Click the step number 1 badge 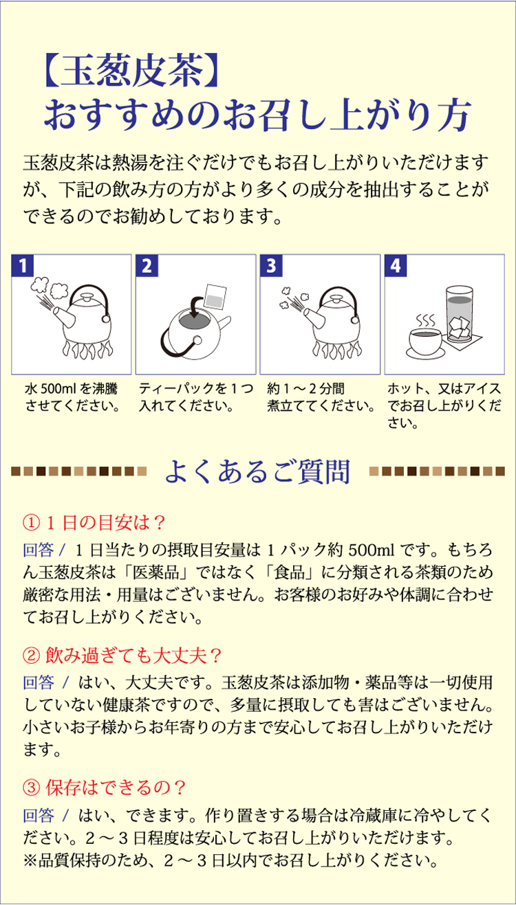tap(23, 265)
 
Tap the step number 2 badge tap(147, 265)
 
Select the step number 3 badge tap(271, 265)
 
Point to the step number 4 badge tap(396, 265)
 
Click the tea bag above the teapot tap(215, 297)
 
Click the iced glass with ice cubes tap(460, 313)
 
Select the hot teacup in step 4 tap(424, 342)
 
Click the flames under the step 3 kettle tap(337, 350)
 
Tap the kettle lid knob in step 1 tap(87, 298)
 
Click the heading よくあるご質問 tap(257, 471)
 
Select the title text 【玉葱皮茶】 tap(131, 70)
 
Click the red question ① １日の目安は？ tap(94, 523)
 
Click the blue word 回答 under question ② tap(39, 682)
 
